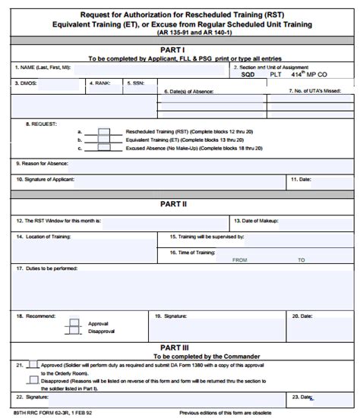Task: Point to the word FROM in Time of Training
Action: tap(239, 259)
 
